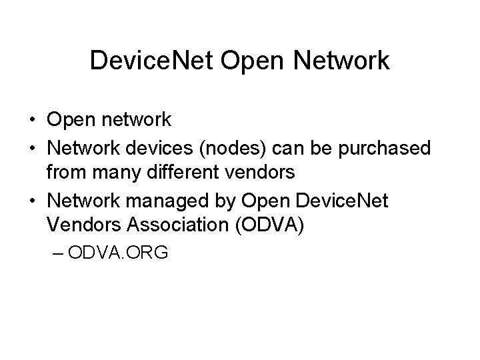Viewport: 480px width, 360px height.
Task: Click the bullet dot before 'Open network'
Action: pyautogui.click(x=32, y=120)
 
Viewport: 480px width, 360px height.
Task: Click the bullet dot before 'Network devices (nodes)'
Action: pyautogui.click(x=32, y=147)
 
